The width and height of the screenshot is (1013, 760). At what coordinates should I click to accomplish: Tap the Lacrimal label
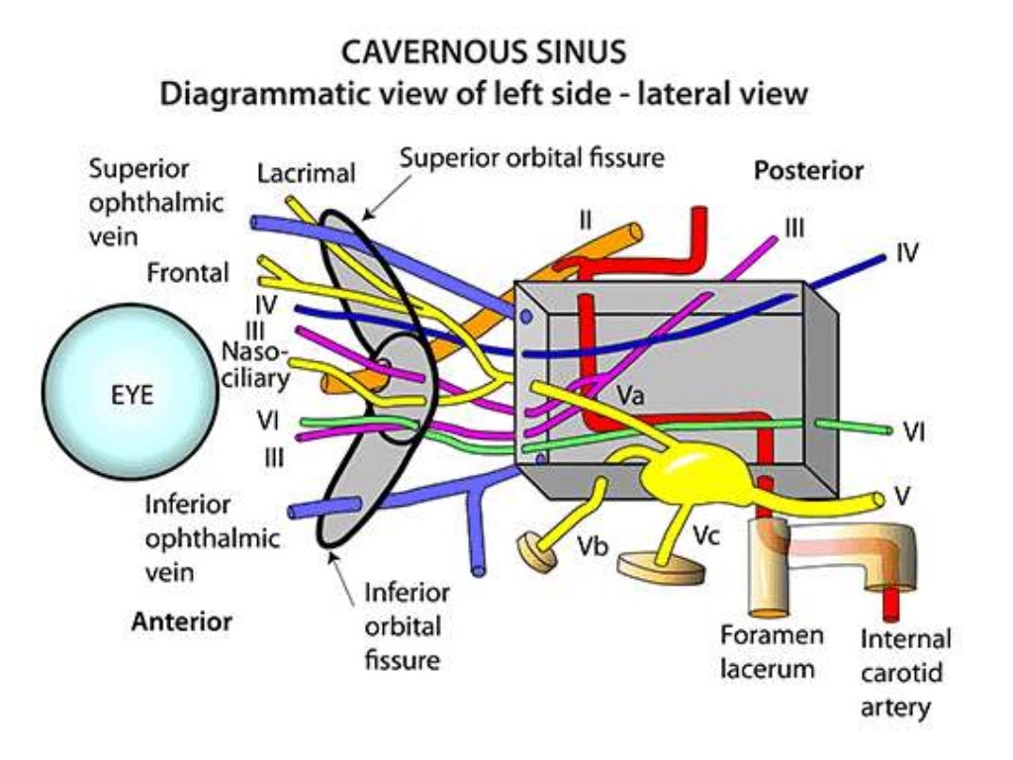point(306,174)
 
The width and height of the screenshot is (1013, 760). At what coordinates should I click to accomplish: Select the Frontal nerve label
point(188,271)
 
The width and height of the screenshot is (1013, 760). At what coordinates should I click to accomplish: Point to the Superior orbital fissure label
point(532,157)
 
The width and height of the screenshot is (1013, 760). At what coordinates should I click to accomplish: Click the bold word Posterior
point(808,170)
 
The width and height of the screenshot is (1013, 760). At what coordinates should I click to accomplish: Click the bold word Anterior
point(182,621)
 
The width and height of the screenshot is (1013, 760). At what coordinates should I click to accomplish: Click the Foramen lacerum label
point(768,651)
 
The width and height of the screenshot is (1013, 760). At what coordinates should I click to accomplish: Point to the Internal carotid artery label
point(904,673)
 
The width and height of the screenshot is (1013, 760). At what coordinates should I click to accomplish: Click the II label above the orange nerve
point(586,221)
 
